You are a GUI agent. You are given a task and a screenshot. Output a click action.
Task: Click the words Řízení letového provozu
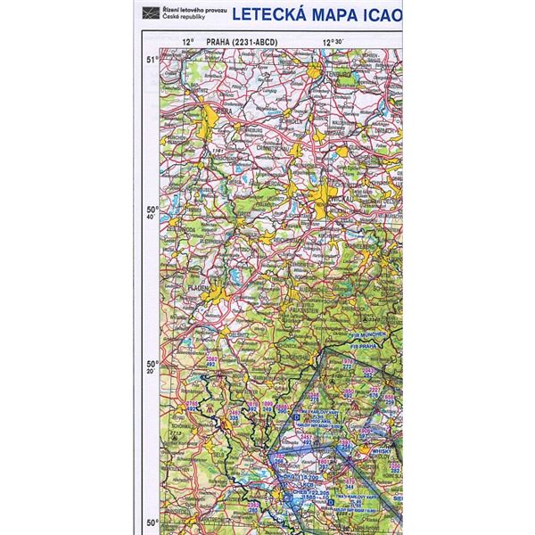(183, 10)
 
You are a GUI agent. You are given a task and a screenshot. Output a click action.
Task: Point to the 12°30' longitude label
(334, 41)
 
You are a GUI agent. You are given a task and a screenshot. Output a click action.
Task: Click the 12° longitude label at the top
(187, 41)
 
